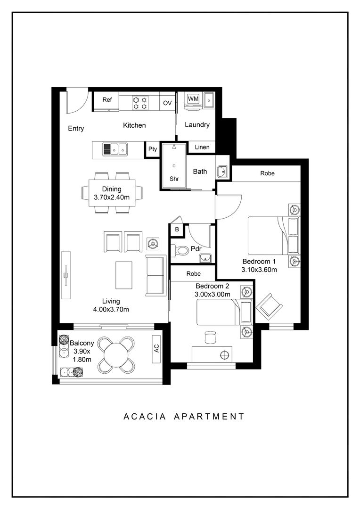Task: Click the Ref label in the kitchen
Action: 107,99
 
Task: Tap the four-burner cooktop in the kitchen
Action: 140,103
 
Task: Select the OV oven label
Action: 167,103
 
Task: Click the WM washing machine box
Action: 193,99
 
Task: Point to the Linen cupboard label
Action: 202,147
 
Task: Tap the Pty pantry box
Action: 153,149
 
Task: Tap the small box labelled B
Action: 177,230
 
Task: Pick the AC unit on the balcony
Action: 156,349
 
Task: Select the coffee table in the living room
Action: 124,275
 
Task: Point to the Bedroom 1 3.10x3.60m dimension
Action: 259,265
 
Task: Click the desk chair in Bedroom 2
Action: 211,337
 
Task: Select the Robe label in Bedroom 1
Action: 268,173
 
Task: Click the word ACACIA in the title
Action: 145,417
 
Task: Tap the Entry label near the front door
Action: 76,129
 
